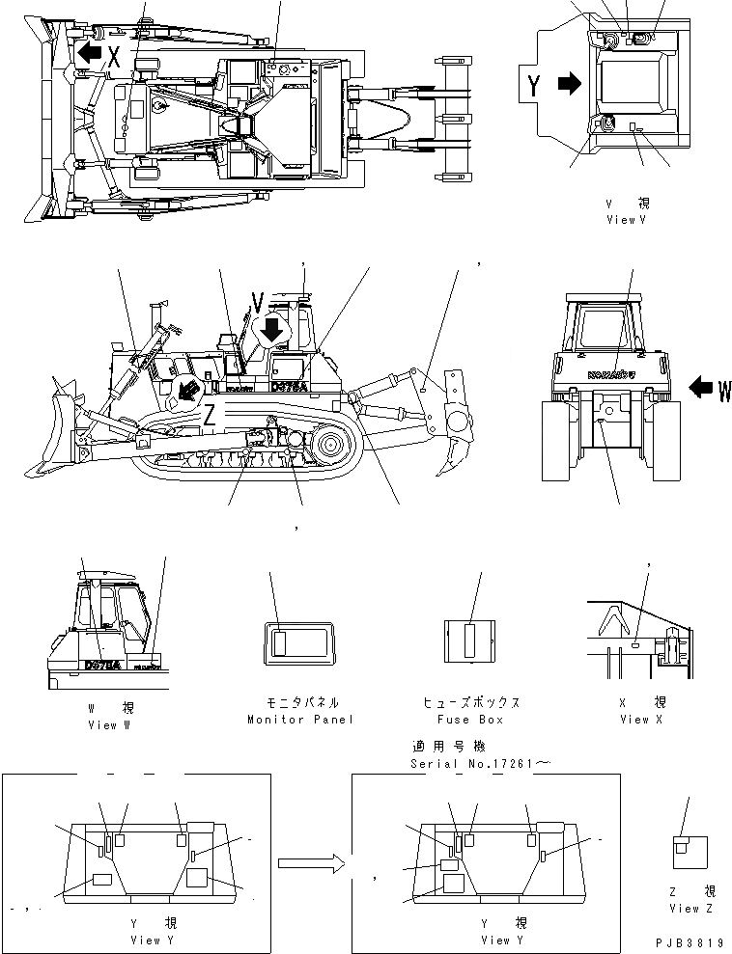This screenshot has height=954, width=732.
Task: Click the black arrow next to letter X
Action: coord(89,53)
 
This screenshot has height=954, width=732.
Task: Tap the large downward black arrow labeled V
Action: coord(272,329)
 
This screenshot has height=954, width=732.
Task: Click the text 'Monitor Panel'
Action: coord(300,719)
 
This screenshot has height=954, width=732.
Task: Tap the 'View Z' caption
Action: coord(691,909)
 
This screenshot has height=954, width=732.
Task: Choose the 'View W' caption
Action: coord(108,724)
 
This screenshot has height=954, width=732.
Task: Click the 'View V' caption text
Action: coord(627,219)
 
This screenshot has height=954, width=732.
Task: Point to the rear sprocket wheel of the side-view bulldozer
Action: coord(329,447)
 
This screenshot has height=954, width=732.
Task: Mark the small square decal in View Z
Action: coord(684,846)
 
